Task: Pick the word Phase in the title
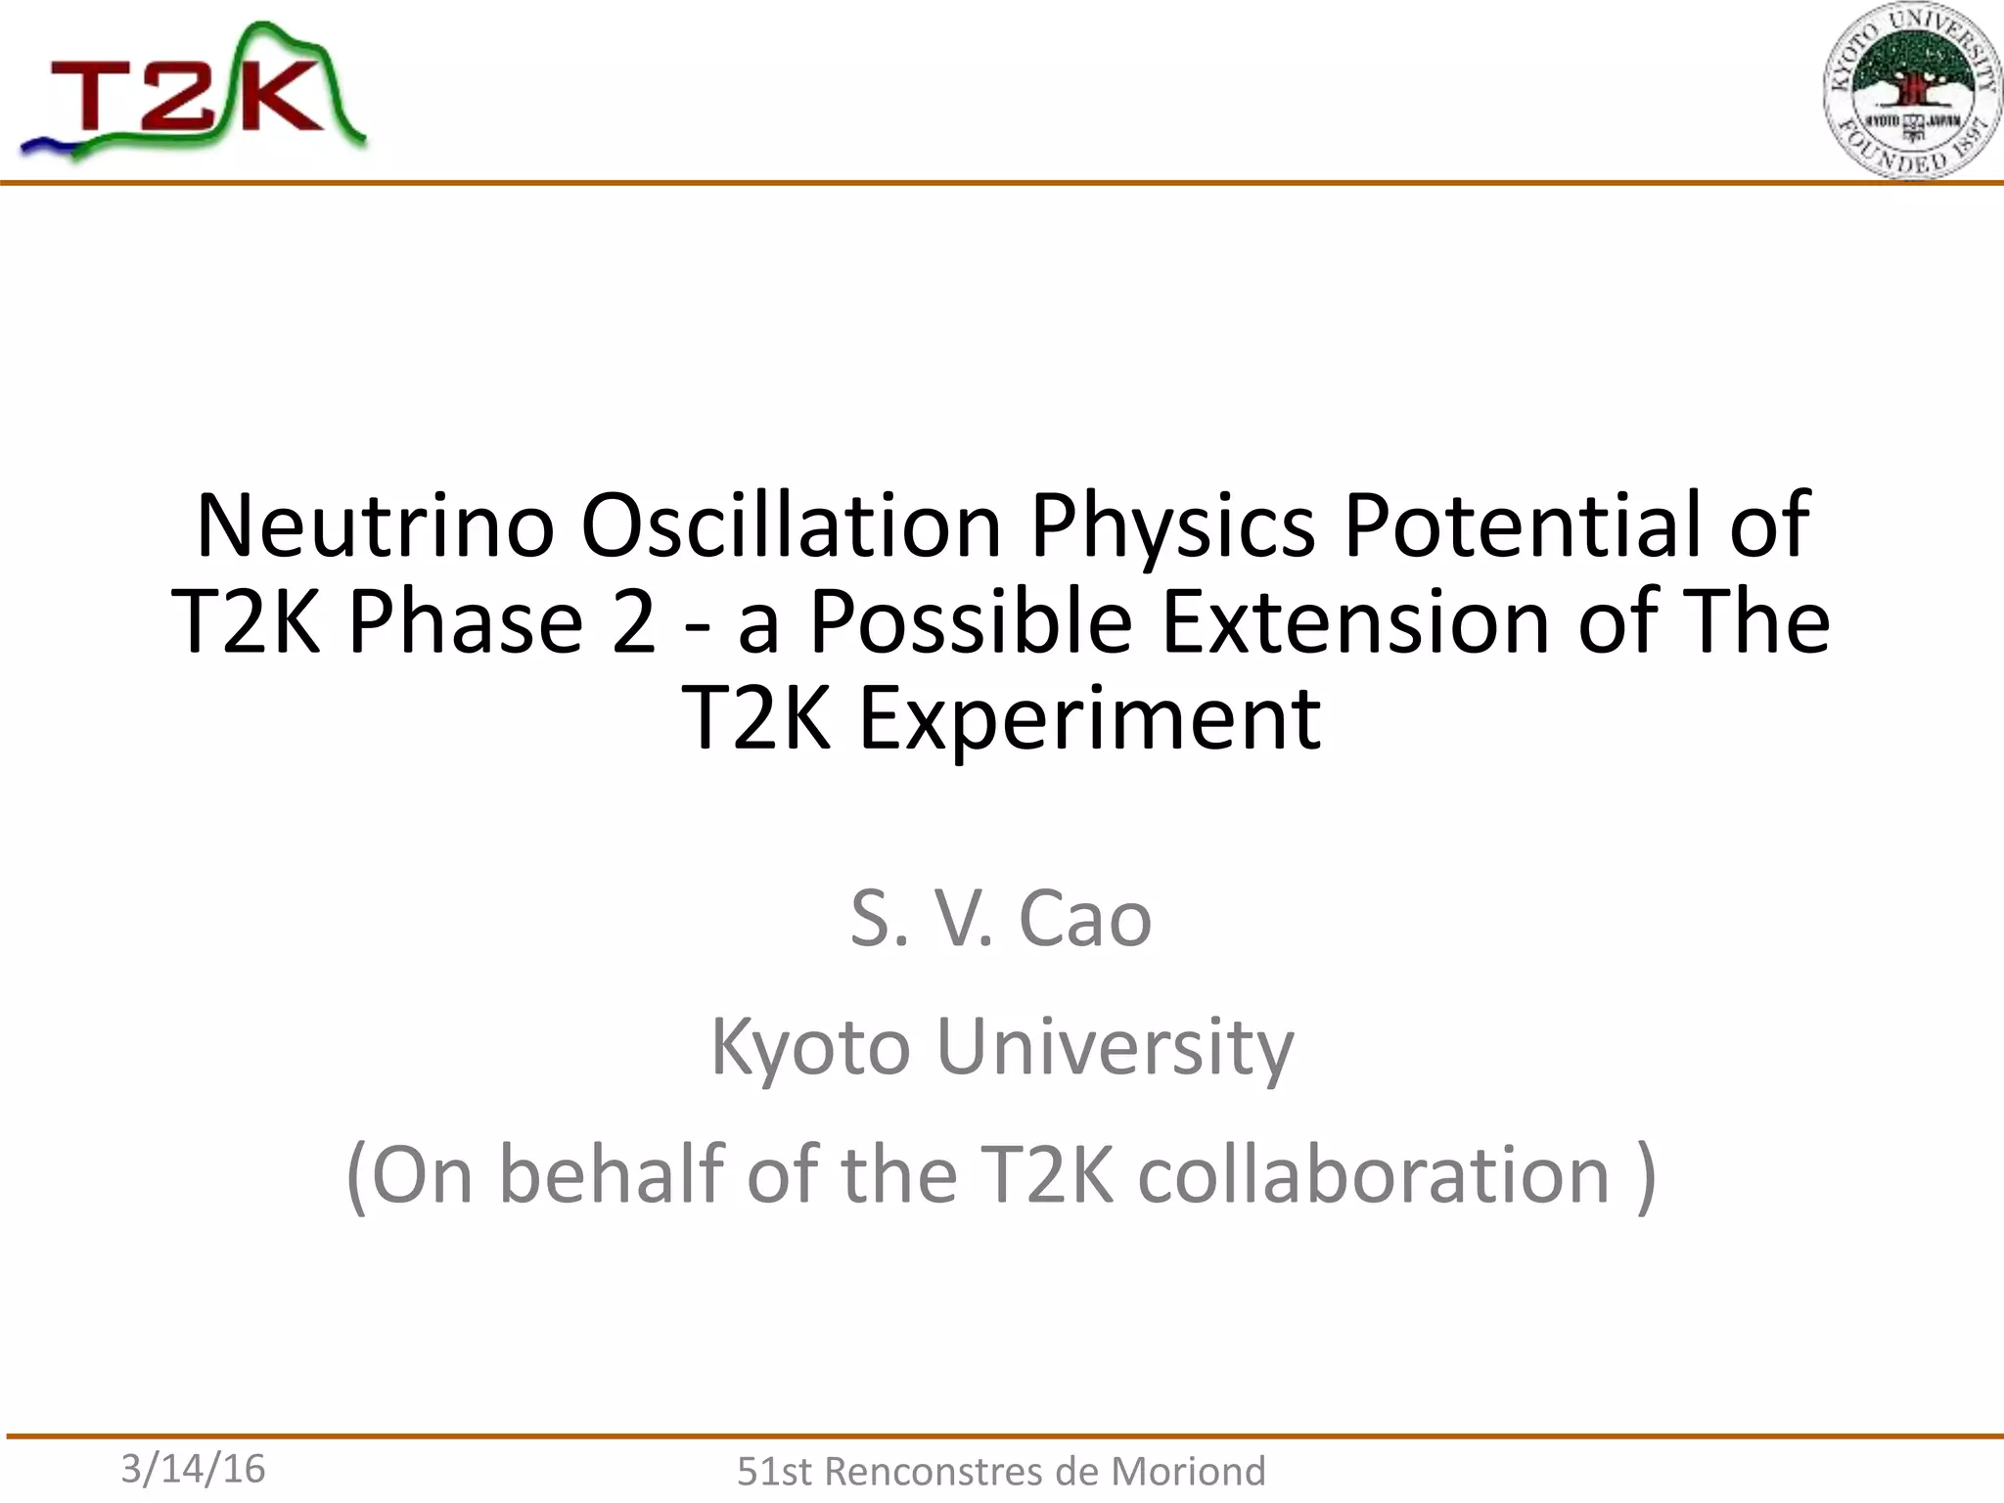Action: [466, 622]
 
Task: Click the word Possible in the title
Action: [971, 622]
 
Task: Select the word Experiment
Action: [1089, 720]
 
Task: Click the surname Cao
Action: [1084, 920]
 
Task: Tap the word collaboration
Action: [1374, 1174]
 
